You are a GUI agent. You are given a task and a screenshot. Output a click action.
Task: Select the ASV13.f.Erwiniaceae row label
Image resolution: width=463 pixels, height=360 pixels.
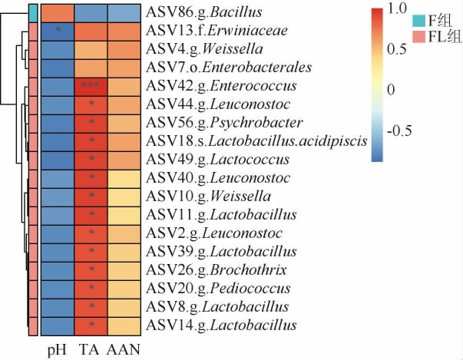pyautogui.click(x=217, y=31)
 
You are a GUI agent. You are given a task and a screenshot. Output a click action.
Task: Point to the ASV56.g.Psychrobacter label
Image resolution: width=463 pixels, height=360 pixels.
pyautogui.click(x=223, y=123)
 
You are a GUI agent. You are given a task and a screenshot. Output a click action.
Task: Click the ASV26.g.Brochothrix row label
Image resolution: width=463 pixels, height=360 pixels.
pyautogui.click(x=216, y=270)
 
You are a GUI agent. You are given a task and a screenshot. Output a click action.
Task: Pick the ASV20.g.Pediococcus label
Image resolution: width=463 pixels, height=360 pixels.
pyautogui.click(x=217, y=289)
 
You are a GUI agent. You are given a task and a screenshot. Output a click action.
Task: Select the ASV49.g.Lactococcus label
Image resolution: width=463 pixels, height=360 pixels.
pyautogui.click(x=217, y=160)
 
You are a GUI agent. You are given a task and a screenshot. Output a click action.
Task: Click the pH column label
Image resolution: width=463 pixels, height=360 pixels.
pyautogui.click(x=58, y=349)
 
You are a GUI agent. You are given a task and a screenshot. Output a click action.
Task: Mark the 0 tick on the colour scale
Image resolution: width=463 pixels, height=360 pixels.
pyautogui.click(x=393, y=89)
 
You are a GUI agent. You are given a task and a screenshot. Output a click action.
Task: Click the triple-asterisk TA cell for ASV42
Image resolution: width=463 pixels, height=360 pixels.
pyautogui.click(x=91, y=85)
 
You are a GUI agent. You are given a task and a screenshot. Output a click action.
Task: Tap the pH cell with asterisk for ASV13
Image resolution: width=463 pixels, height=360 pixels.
pyautogui.click(x=58, y=31)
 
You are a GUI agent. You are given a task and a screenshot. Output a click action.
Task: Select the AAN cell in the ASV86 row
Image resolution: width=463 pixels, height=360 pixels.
pyautogui.click(x=124, y=13)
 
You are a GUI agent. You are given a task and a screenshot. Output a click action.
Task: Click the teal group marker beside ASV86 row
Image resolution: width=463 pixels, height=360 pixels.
pyautogui.click(x=34, y=13)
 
